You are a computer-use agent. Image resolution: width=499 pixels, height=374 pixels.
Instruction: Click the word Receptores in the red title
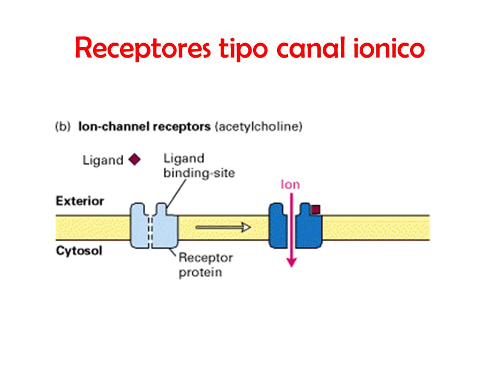click(x=142, y=48)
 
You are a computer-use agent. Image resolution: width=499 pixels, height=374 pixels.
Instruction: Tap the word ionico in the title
click(x=389, y=48)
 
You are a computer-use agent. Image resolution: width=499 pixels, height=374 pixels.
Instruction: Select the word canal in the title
click(x=311, y=48)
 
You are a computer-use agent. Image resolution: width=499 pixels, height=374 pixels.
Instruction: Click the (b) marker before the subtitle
click(x=62, y=127)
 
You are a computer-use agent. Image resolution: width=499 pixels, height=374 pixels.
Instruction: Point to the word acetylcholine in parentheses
click(x=259, y=127)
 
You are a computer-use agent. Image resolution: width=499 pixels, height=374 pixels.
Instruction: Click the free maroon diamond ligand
click(x=135, y=159)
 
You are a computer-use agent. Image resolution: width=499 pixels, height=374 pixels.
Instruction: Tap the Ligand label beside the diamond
click(x=103, y=160)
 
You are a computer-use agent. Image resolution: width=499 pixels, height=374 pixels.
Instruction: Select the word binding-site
click(x=199, y=173)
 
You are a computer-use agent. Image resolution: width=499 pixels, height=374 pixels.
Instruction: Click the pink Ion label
click(x=290, y=184)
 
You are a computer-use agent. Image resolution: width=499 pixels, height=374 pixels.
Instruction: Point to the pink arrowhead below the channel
click(x=292, y=262)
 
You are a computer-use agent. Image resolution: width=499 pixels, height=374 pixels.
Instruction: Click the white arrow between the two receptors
click(x=223, y=227)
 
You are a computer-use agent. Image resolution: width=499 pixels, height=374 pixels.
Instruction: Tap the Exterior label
click(x=80, y=201)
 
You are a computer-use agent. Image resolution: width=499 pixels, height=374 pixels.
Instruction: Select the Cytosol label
click(x=79, y=250)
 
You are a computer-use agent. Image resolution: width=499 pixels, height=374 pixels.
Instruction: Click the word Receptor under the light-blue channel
click(x=206, y=258)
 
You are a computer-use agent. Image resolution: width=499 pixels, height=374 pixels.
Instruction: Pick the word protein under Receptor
click(x=200, y=273)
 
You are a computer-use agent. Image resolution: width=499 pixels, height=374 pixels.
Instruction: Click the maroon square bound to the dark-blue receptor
click(x=316, y=209)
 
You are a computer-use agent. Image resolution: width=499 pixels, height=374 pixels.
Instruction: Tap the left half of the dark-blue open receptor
click(x=278, y=226)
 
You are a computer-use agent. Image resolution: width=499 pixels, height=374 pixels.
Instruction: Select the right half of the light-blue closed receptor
click(x=165, y=226)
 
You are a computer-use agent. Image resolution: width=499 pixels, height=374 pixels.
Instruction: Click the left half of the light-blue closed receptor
click(x=140, y=226)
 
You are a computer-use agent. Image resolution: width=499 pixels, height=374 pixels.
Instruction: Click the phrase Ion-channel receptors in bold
click(x=145, y=127)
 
